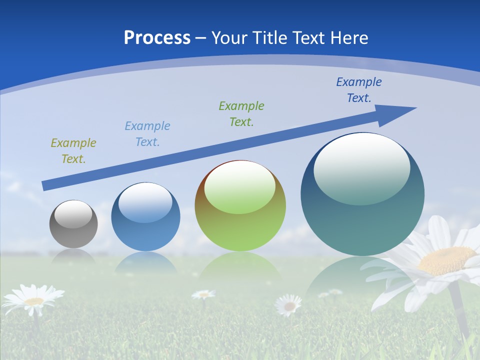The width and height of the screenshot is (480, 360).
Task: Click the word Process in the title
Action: click(x=157, y=38)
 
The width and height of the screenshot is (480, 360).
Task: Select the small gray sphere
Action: click(x=73, y=224)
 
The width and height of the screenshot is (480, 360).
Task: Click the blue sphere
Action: click(x=145, y=216)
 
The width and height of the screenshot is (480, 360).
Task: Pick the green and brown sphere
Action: click(x=240, y=206)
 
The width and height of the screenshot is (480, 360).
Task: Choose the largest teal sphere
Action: click(x=362, y=194)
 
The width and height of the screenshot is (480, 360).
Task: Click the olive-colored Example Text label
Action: click(x=73, y=151)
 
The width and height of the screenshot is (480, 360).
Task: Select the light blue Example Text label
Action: click(x=147, y=134)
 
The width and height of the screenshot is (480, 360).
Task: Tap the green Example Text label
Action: click(x=241, y=114)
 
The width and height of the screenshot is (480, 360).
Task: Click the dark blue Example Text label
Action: click(x=359, y=90)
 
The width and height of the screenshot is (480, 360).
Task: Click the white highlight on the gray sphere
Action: click(x=73, y=214)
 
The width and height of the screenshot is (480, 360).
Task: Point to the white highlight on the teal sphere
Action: click(x=361, y=169)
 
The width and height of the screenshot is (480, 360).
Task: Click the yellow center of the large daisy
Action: click(x=446, y=260)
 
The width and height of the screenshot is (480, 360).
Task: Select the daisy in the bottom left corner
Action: click(x=33, y=300)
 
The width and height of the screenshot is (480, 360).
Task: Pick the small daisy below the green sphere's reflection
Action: click(x=289, y=304)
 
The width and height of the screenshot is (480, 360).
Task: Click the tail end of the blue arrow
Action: click(x=45, y=185)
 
